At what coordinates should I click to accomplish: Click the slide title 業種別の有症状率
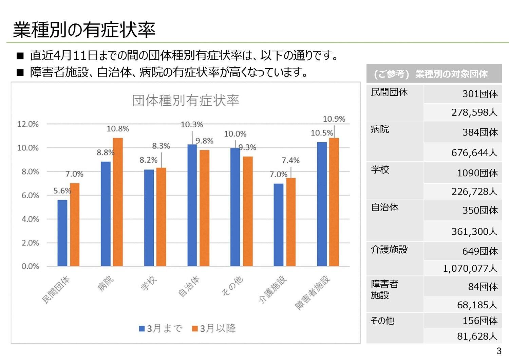(84, 30)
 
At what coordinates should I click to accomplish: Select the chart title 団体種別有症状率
(186, 101)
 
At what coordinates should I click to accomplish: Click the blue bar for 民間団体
(62, 233)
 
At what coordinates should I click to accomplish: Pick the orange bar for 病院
(118, 202)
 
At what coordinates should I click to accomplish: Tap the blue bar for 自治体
(192, 205)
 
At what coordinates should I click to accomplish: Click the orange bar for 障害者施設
(334, 202)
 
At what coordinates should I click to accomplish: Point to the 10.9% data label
(334, 119)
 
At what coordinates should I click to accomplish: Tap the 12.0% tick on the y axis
(28, 124)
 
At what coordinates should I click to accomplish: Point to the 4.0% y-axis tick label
(30, 219)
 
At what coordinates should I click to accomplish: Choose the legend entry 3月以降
(214, 328)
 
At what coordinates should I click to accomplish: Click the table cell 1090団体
(477, 173)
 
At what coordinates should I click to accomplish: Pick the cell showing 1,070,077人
(470, 269)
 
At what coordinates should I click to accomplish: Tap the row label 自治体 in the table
(384, 207)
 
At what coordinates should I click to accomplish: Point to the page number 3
(499, 351)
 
